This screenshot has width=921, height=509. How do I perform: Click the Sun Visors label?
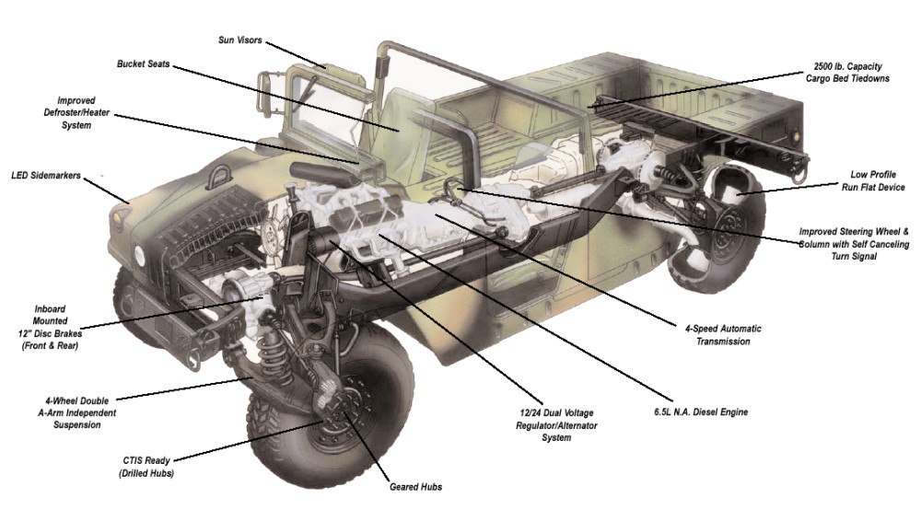click(239, 40)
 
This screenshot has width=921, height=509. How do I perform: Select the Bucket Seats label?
click(143, 64)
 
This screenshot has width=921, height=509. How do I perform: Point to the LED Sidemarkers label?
click(45, 174)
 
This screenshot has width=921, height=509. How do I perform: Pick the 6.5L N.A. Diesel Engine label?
click(694, 412)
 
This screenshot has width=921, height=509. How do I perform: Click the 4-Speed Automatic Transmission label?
click(723, 335)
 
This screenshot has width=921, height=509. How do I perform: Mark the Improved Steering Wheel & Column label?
click(854, 244)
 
